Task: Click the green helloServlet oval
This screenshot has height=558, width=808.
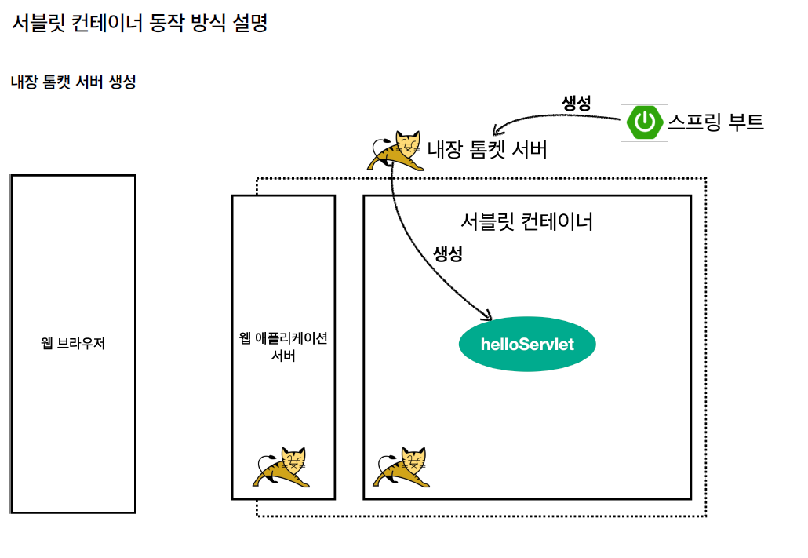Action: [527, 345]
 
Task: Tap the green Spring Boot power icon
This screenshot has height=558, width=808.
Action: [644, 122]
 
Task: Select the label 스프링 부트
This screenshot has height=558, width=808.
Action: [715, 122]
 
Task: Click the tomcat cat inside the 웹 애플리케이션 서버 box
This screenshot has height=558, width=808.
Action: [282, 468]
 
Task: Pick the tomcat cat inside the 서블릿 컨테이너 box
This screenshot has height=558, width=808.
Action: [402, 468]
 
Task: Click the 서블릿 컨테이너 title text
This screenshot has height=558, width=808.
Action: [526, 221]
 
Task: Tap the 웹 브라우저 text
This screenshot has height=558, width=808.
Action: [73, 344]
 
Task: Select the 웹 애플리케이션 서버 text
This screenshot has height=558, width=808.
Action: [283, 346]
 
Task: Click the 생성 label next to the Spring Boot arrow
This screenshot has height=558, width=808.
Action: [577, 102]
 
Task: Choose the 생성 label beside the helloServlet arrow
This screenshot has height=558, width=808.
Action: [448, 253]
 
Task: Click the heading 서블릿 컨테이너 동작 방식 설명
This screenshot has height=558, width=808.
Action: [140, 23]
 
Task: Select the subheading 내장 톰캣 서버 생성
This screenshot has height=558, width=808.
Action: [73, 82]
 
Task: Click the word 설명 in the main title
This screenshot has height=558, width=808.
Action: [250, 23]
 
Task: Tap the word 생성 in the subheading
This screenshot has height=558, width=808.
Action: [120, 82]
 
